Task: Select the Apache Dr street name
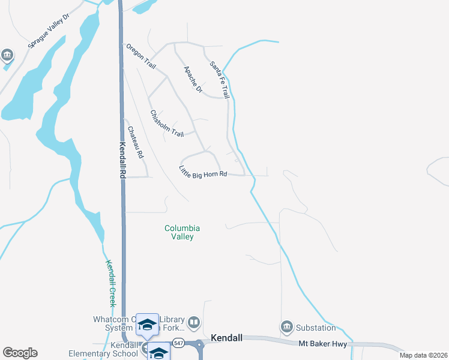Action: click(193, 79)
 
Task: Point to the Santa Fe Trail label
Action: click(219, 80)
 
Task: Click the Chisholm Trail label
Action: click(167, 123)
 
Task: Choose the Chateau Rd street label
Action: click(136, 142)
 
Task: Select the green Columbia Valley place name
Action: click(182, 232)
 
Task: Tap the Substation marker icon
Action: click(286, 328)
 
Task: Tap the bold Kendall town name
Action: click(227, 338)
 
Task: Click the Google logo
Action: click(20, 353)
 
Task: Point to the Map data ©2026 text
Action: click(423, 355)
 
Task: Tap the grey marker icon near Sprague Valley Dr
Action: click(7, 56)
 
